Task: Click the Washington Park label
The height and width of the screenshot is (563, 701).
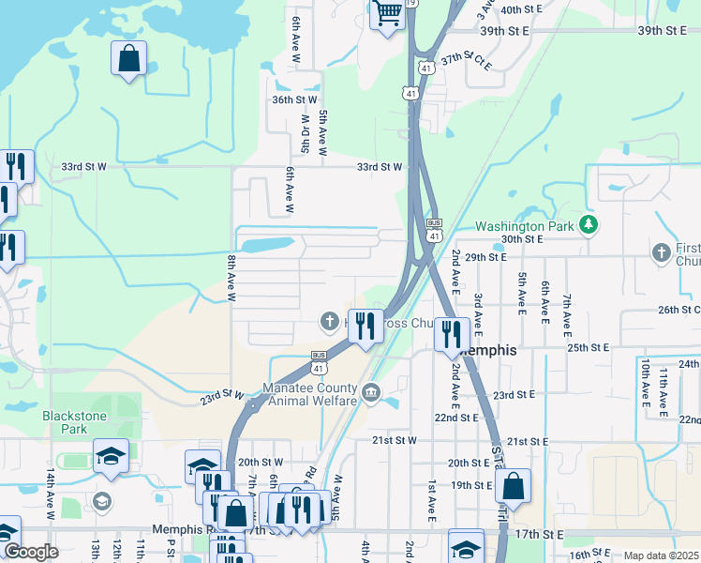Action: [x=523, y=226]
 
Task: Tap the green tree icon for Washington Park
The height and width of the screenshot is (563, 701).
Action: [x=588, y=224]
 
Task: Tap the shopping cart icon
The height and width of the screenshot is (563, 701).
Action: [x=386, y=14]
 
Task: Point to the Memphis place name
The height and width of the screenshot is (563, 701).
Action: [x=488, y=350]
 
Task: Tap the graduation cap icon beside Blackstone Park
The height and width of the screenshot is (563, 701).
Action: [x=111, y=457]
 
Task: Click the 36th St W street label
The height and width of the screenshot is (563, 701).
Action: [x=294, y=99]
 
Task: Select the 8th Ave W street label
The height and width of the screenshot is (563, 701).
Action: [x=231, y=277]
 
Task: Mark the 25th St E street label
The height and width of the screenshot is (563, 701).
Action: [x=589, y=347]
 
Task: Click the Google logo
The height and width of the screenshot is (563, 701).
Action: [x=31, y=552]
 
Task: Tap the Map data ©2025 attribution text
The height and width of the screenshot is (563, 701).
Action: [x=660, y=555]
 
